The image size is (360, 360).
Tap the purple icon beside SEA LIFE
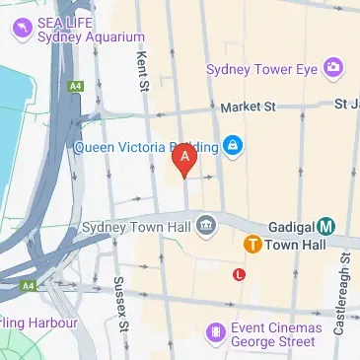(21, 30)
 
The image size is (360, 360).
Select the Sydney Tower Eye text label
(263, 69)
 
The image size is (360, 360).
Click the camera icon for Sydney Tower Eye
(334, 67)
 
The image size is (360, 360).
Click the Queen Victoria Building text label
(145, 148)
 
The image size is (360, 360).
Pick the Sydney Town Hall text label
(137, 226)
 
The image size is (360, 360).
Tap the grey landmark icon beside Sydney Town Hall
(206, 226)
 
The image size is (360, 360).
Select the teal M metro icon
(325, 226)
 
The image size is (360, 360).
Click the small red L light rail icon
(238, 275)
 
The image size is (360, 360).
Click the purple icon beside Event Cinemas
(214, 332)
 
